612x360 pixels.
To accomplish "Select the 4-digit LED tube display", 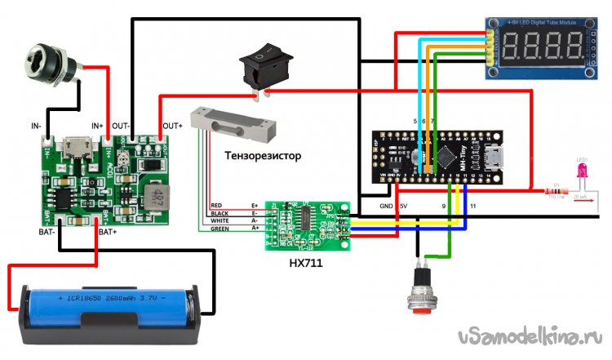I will point(539,48).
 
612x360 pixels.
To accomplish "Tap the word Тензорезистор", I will point(263,155).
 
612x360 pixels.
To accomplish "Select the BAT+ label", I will point(109,233).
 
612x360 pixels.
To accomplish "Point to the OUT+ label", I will point(173,126).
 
